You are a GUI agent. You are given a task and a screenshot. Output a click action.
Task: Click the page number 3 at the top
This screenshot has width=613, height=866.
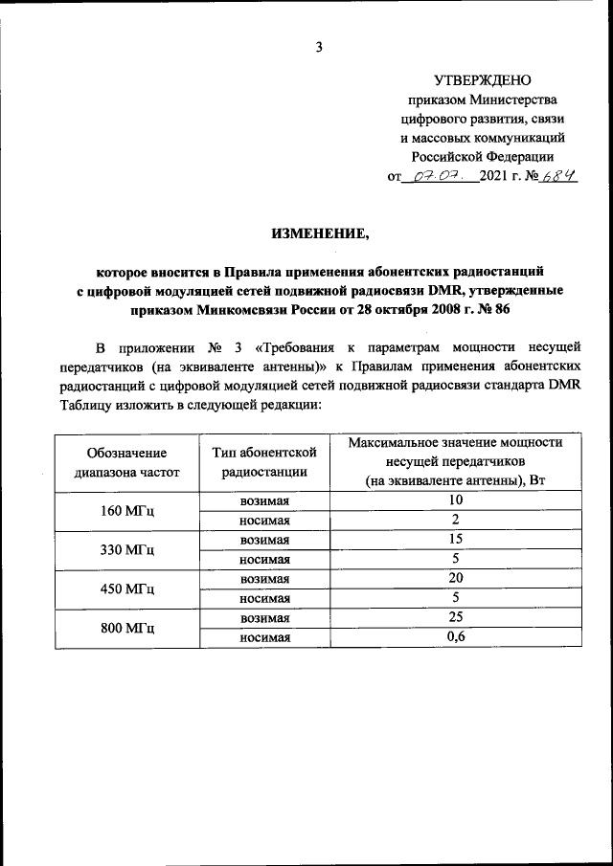tap(320, 47)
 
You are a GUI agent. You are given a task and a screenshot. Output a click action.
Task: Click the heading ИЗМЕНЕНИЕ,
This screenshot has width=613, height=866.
tap(319, 233)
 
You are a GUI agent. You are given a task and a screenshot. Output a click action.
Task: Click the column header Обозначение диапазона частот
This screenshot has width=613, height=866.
tap(125, 462)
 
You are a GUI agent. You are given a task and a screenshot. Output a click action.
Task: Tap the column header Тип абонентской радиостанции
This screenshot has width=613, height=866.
tap(264, 462)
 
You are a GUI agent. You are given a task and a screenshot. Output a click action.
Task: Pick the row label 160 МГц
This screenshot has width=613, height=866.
tap(126, 511)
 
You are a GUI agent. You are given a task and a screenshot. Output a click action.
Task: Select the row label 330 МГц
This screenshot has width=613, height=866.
tap(126, 550)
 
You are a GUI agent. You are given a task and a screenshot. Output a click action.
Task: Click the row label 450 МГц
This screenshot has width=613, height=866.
tap(126, 589)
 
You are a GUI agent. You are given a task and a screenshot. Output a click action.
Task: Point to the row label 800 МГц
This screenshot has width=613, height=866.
tap(126, 629)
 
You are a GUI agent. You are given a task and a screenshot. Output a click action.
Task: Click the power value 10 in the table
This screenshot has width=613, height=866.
tap(456, 500)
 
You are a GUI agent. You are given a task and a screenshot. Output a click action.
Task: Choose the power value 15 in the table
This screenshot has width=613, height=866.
tap(456, 540)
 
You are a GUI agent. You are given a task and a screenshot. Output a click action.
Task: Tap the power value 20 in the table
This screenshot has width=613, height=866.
tap(456, 579)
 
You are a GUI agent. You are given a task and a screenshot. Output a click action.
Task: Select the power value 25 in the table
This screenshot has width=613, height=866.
tap(456, 618)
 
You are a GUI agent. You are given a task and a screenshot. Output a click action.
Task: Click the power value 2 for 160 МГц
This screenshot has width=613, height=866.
tap(456, 521)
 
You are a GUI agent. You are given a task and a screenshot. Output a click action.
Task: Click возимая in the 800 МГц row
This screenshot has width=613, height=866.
tap(264, 619)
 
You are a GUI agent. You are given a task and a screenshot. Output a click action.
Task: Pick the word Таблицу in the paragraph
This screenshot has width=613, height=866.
tap(84, 405)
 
